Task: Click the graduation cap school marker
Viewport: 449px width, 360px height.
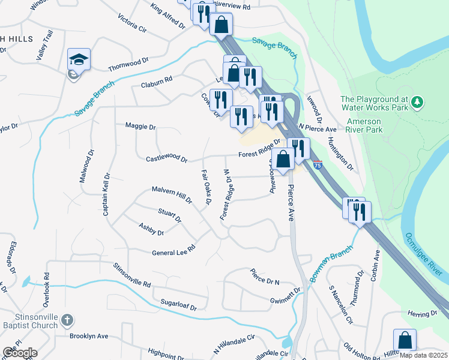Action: pyautogui.click(x=79, y=59)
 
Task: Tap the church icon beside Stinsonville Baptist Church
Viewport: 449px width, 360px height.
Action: pyautogui.click(x=67, y=320)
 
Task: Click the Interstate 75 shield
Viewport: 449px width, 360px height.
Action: pyautogui.click(x=318, y=164)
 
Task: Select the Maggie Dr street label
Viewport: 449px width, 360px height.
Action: pyautogui.click(x=140, y=127)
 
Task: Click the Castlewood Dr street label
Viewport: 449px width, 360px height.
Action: pyautogui.click(x=167, y=160)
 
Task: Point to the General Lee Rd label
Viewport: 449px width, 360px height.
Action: pyautogui.click(x=174, y=250)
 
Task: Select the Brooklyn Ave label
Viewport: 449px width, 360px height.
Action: pyautogui.click(x=88, y=336)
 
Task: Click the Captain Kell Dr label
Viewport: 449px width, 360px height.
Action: pyautogui.click(x=106, y=194)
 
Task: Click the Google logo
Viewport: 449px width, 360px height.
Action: pyautogui.click(x=20, y=352)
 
